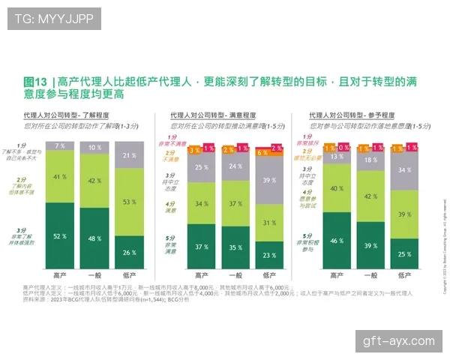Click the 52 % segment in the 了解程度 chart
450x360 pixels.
59,235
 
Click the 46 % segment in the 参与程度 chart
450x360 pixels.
337,240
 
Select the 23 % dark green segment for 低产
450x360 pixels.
268,254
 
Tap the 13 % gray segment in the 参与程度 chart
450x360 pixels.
337,157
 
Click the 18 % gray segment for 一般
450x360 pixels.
370,160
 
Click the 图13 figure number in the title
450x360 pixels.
34,81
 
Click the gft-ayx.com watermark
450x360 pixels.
398,341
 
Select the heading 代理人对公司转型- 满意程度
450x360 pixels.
213,115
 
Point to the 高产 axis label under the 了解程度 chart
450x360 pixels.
59,274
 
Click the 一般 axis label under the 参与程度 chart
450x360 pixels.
370,274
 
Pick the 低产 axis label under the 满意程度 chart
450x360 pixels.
268,274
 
